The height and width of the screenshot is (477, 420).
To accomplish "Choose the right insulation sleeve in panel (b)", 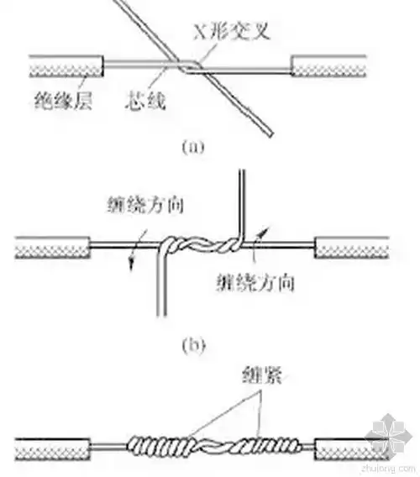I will tap(351, 247).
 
